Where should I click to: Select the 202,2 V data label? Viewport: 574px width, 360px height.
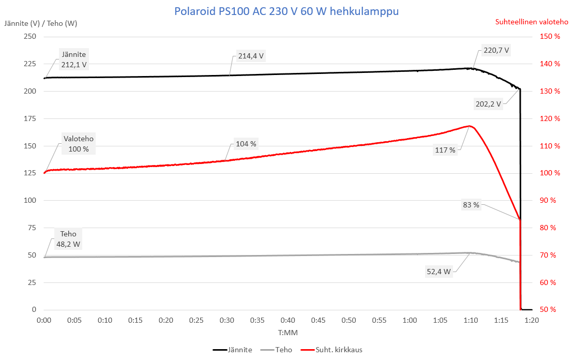pyautogui.click(x=488, y=104)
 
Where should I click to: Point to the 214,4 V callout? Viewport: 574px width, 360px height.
pyautogui.click(x=251, y=56)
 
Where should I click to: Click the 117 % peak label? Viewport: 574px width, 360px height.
pyautogui.click(x=445, y=150)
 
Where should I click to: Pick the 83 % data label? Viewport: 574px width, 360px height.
pyautogui.click(x=471, y=205)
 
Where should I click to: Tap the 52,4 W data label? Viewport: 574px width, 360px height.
pyautogui.click(x=439, y=271)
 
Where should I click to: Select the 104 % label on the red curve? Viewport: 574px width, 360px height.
pyautogui.click(x=246, y=144)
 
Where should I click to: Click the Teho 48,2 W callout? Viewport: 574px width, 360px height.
pyautogui.click(x=68, y=239)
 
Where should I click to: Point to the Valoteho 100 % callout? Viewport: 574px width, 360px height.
pyautogui.click(x=79, y=144)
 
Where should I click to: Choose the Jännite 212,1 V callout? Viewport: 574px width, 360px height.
pyautogui.click(x=73, y=59)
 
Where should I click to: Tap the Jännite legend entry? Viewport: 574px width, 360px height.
pyautogui.click(x=239, y=350)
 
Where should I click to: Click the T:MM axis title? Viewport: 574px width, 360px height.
pyautogui.click(x=288, y=332)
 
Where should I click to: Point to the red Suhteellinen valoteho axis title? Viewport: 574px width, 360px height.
pyautogui.click(x=532, y=22)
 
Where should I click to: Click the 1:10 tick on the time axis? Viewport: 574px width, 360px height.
pyautogui.click(x=471, y=320)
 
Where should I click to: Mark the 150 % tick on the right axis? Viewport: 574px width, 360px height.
pyautogui.click(x=550, y=37)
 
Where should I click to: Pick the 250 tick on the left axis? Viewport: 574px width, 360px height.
pyautogui.click(x=30, y=37)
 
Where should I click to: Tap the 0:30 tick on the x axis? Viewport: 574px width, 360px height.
pyautogui.click(x=226, y=320)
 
